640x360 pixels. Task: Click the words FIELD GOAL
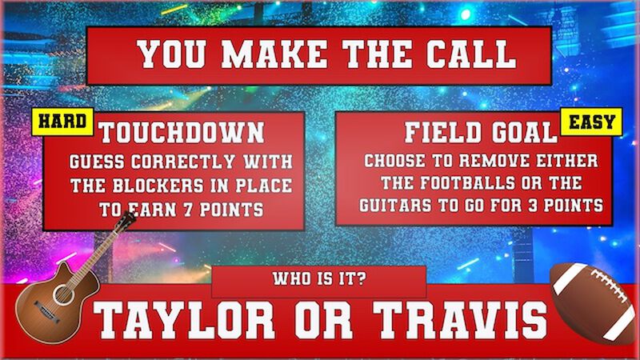pos(480,133)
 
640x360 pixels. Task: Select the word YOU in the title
pos(175,54)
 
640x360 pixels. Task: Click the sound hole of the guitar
pos(62,293)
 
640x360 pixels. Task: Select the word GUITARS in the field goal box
pos(399,206)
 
